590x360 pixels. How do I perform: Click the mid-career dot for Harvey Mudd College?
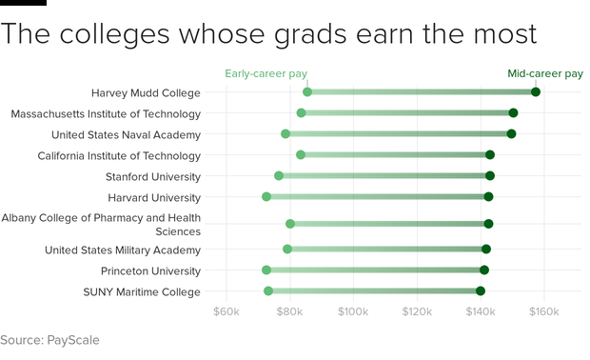click(536, 92)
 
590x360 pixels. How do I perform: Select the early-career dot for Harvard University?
click(266, 197)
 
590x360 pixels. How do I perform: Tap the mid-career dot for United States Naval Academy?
click(512, 134)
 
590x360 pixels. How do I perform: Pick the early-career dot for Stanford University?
click(279, 176)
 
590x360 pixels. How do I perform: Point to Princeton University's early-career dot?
click(266, 270)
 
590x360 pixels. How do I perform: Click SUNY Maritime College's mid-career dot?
click(481, 291)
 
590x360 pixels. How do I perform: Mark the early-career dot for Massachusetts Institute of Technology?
click(302, 113)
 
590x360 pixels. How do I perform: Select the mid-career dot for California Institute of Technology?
click(490, 155)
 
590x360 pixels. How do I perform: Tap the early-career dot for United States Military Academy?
click(287, 250)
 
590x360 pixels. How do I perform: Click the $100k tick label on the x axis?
click(353, 311)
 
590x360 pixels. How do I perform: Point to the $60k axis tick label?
click(226, 311)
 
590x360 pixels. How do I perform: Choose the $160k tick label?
click(544, 311)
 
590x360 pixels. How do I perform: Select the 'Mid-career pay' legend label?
click(545, 73)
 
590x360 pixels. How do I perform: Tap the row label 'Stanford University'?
click(153, 176)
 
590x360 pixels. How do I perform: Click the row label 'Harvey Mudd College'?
click(146, 92)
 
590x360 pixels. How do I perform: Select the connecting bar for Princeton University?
click(375, 270)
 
